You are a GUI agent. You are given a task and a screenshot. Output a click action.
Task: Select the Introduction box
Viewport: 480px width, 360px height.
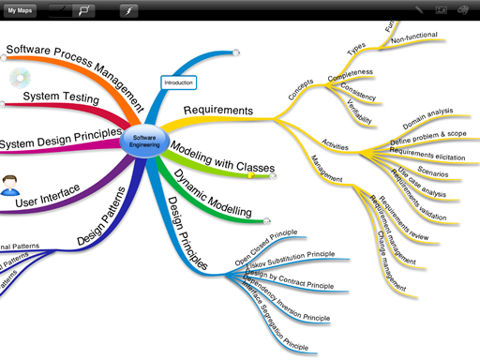pyautogui.click(x=178, y=83)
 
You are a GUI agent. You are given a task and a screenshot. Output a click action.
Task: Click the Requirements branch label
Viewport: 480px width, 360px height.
pyautogui.click(x=217, y=111)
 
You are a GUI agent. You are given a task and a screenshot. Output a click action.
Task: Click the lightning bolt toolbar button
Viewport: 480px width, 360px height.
pyautogui.click(x=128, y=10)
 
